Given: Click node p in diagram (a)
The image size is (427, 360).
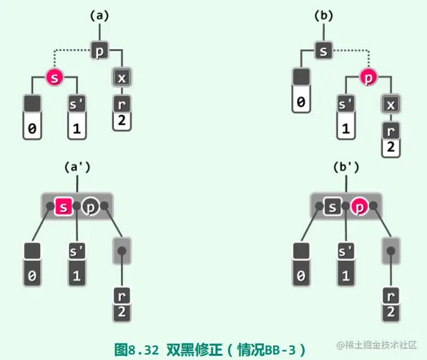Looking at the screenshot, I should (100, 50).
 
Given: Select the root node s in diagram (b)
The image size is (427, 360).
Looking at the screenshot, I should (324, 50).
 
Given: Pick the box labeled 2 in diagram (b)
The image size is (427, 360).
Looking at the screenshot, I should (390, 147).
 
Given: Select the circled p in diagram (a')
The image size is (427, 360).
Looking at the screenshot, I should (90, 205).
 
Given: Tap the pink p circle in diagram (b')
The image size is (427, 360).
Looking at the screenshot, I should (359, 205).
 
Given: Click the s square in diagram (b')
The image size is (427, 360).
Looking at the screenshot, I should (333, 205).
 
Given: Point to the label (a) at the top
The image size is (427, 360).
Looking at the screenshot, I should (100, 15).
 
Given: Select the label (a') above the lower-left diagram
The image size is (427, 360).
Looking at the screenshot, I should (78, 167).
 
